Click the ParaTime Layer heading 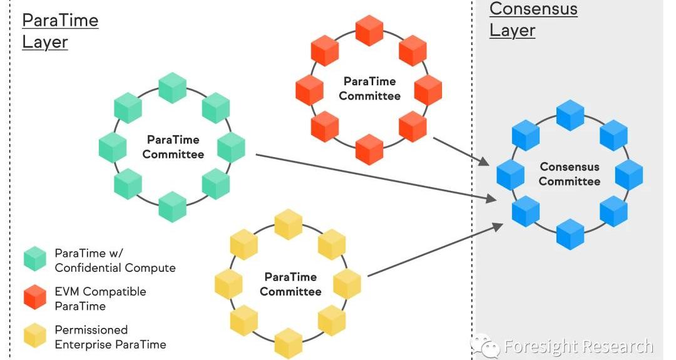[60, 31]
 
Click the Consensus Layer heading [533, 19]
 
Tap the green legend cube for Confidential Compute [35, 259]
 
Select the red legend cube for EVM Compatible [35, 297]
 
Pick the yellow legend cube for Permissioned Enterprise [35, 336]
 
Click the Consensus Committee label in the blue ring [570, 174]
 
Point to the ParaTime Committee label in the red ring [370, 89]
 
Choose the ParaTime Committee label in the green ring [173, 147]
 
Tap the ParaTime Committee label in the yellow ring [290, 284]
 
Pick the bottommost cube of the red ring [369, 150]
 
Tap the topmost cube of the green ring [173, 88]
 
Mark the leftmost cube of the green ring [113, 148]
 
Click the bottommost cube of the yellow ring [289, 343]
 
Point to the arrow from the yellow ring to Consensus [435, 250]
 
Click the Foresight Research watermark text [577, 346]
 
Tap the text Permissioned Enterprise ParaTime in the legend [110, 337]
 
